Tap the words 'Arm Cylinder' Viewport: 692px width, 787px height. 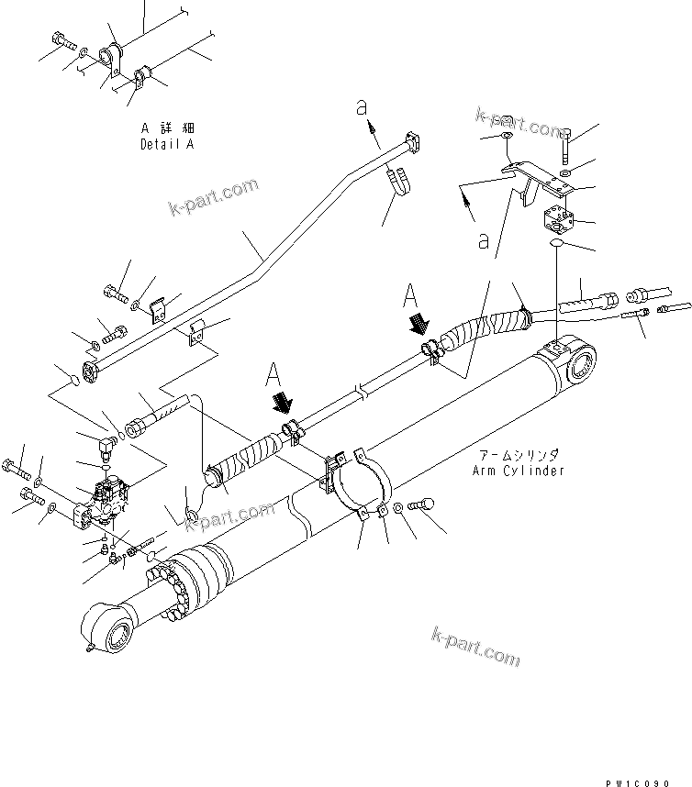click(518, 471)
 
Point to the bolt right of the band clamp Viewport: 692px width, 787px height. click(424, 504)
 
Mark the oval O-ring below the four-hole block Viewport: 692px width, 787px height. click(556, 245)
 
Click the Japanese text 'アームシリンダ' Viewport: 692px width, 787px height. click(519, 456)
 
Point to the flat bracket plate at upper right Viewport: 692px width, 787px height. click(537, 179)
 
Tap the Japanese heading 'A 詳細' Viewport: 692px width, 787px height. click(168, 129)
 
